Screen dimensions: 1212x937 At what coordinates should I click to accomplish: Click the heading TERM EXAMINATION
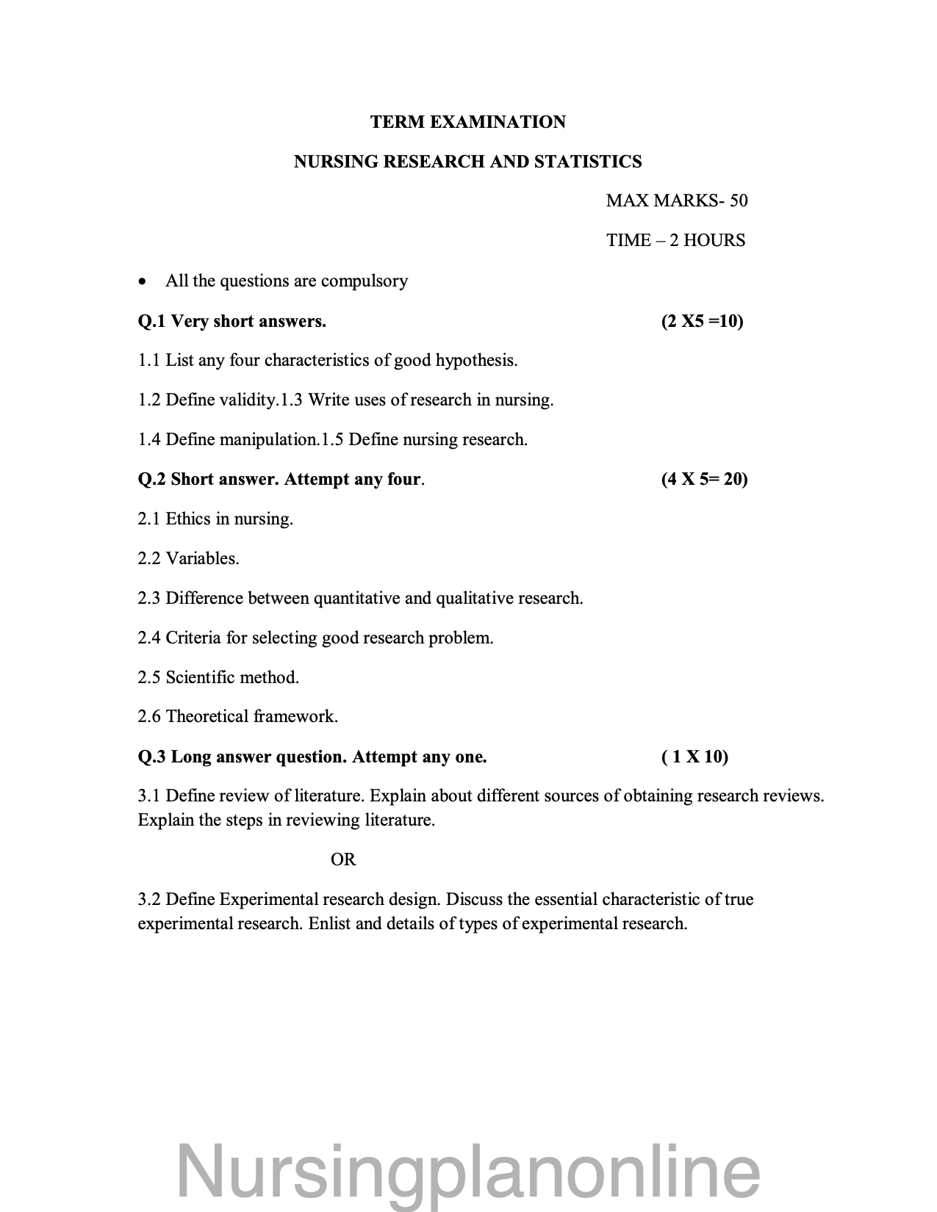pyautogui.click(x=468, y=122)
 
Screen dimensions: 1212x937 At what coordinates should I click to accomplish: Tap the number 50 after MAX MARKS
pyautogui.click(x=738, y=201)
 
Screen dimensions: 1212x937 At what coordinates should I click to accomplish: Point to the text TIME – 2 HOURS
pyautogui.click(x=675, y=240)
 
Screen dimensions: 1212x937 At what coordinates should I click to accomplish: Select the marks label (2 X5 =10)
pyautogui.click(x=702, y=321)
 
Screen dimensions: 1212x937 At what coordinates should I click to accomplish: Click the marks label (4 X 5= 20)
pyautogui.click(x=704, y=479)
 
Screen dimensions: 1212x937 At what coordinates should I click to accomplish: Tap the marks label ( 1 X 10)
pyautogui.click(x=694, y=757)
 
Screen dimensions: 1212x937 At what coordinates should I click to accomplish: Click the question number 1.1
pyautogui.click(x=149, y=361)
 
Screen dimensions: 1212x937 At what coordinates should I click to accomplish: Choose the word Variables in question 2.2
pyautogui.click(x=202, y=559)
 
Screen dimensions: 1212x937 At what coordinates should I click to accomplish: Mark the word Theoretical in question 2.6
pyautogui.click(x=207, y=717)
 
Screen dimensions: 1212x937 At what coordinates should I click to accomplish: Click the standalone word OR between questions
pyautogui.click(x=343, y=859)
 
